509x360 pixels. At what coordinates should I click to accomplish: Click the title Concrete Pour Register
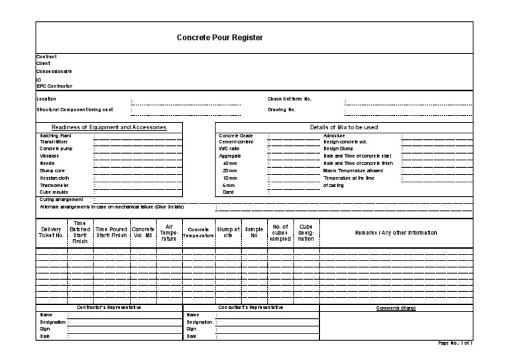click(x=220, y=38)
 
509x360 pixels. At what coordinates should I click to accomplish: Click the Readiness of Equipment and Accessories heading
click(x=109, y=127)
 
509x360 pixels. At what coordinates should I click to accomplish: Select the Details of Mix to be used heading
click(x=344, y=127)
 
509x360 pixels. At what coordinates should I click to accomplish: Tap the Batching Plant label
click(x=55, y=135)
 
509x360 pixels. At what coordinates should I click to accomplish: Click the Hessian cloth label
click(x=55, y=178)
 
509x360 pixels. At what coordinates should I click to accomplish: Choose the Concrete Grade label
click(x=236, y=135)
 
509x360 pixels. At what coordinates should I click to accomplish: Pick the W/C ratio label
click(x=229, y=149)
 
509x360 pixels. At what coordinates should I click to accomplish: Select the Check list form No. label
click(x=289, y=99)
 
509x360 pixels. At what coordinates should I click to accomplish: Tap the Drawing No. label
click(x=282, y=109)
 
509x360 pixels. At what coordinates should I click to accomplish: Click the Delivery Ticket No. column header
click(x=50, y=233)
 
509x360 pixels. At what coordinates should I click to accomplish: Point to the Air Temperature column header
click(x=169, y=233)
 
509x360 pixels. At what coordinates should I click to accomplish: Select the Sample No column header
click(x=253, y=233)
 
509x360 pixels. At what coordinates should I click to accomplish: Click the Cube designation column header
click(x=306, y=233)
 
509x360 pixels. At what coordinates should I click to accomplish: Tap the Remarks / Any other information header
click(x=396, y=233)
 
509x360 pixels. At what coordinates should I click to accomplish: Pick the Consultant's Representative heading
click(x=251, y=308)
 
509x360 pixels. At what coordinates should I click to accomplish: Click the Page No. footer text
click(x=455, y=343)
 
